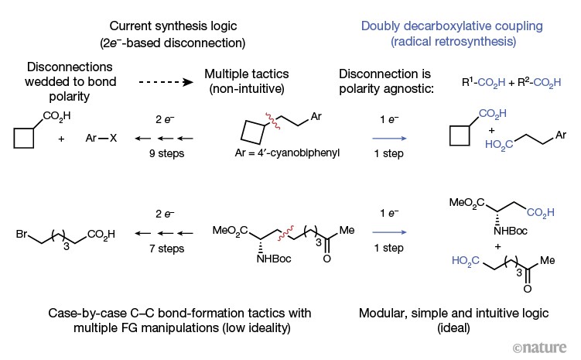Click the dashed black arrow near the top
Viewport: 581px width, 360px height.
click(164, 80)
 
